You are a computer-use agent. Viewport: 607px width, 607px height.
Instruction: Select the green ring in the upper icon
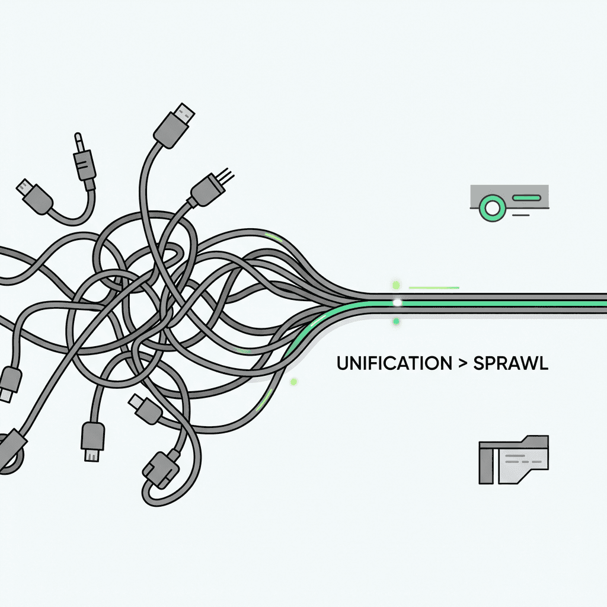coord(491,207)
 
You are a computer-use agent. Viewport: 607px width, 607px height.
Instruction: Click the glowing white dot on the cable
coord(397,302)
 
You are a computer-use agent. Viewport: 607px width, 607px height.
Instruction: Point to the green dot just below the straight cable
coord(395,321)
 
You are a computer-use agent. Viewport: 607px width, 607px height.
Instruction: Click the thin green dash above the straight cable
coord(435,287)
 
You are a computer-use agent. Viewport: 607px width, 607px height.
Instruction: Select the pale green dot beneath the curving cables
coord(293,382)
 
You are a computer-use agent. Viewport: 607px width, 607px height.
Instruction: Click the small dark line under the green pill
coord(520,215)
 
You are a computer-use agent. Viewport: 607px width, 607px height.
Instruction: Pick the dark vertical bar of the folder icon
coord(487,466)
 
